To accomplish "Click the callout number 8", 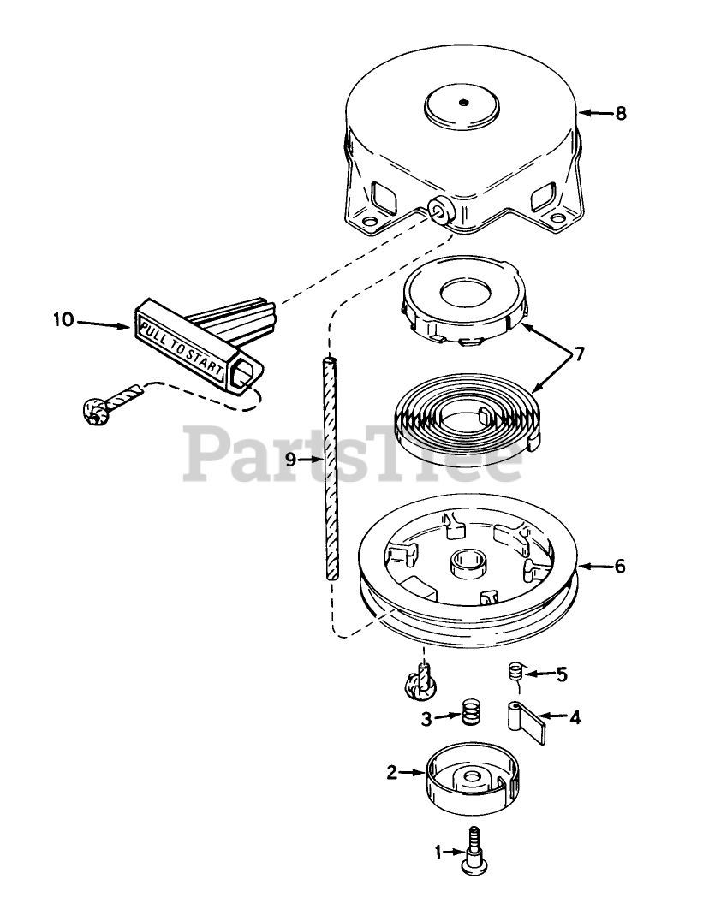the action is coord(621,113).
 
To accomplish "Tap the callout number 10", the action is coord(63,321).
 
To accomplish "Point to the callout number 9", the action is coord(290,460).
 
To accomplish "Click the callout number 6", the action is coord(620,566).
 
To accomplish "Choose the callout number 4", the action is coord(575,717).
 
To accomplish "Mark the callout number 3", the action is coord(425,717).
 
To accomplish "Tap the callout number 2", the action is coord(391,772).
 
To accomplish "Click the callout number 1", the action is coord(439,852).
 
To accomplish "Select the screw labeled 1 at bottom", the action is coord(472,851).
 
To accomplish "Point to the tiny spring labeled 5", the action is coord(515,672).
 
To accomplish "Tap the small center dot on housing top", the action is coord(462,104).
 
